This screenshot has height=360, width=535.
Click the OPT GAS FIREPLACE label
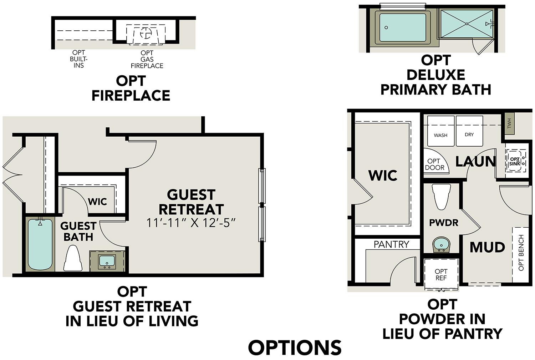coord(147,60)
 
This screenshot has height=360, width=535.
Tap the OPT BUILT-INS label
coord(79,59)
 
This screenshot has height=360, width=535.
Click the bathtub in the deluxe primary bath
coord(403,27)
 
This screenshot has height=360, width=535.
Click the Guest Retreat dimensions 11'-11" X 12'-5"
coord(192,223)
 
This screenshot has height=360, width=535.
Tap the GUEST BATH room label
coord(78,231)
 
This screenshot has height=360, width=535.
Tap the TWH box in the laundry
coord(509,123)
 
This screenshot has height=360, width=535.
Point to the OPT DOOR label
coord(434,164)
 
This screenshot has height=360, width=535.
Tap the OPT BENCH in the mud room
coord(520,253)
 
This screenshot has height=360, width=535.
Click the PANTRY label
coord(391,244)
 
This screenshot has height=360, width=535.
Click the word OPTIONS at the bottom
coord(295,348)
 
